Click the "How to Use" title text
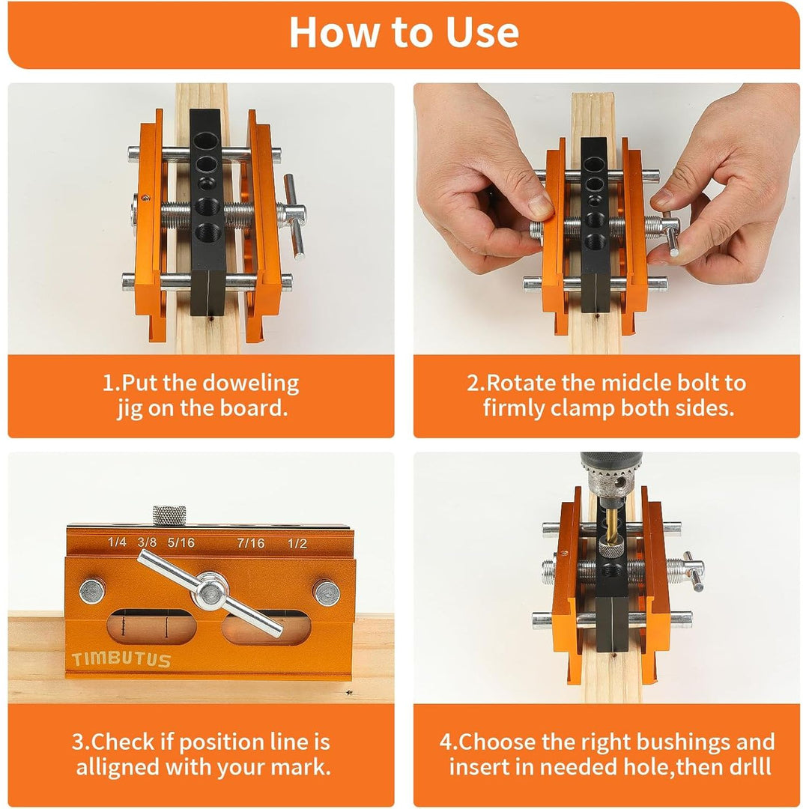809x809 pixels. click(x=404, y=32)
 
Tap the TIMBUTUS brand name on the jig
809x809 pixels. click(x=121, y=661)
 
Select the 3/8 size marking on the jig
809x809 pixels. click(x=147, y=542)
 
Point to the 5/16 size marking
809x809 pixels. click(x=181, y=542)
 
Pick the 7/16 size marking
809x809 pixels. click(x=249, y=542)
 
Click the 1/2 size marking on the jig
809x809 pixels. click(x=297, y=542)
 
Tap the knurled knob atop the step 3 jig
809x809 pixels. click(x=169, y=515)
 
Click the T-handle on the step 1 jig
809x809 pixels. click(x=294, y=213)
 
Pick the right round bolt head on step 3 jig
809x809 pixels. click(x=326, y=593)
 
